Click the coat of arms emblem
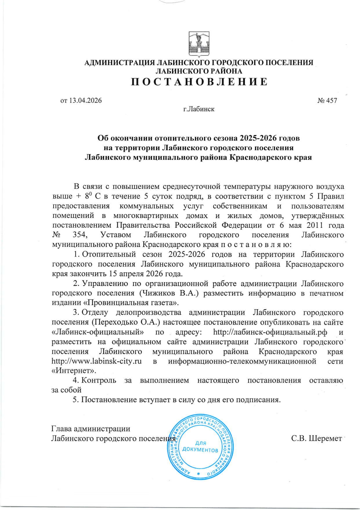click(199, 44)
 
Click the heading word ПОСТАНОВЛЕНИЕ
click(199, 82)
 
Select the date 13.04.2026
click(86, 101)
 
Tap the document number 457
click(332, 101)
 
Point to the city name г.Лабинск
click(199, 109)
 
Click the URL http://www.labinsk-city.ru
click(97, 361)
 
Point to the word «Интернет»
click(74, 371)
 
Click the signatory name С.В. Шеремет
click(316, 438)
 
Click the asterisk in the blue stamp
click(199, 473)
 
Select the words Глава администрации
click(91, 429)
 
